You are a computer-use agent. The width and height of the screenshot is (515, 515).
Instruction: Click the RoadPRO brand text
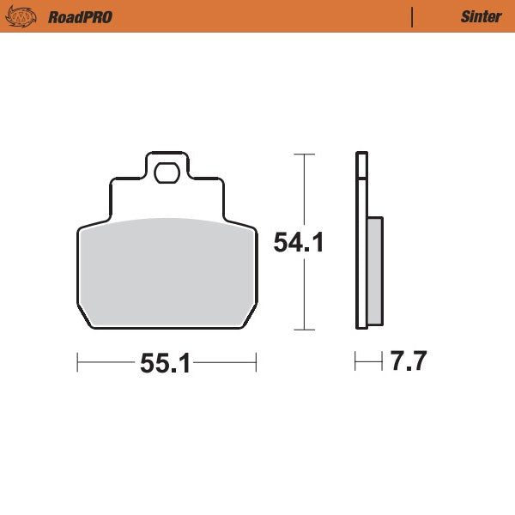[80, 16]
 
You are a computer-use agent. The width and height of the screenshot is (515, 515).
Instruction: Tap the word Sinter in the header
[481, 16]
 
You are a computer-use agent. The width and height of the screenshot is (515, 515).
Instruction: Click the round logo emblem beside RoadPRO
[22, 16]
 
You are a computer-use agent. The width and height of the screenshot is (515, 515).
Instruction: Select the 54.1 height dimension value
[298, 243]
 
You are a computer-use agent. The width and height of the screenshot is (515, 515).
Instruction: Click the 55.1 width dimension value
[165, 364]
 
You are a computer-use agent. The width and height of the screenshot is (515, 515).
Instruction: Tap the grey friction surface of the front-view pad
[167, 270]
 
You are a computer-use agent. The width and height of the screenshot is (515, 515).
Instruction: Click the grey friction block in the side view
[375, 270]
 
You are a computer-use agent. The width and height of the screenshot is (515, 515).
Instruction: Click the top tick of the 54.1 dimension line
[300, 154]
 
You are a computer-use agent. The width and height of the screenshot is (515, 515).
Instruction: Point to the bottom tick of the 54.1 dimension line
[300, 330]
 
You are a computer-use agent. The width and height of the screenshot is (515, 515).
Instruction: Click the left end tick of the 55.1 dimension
[77, 364]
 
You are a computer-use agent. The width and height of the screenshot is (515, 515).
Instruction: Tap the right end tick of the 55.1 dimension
[256, 364]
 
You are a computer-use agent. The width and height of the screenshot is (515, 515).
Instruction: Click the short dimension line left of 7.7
[368, 363]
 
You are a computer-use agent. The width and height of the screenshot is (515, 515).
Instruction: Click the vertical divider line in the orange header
[413, 16]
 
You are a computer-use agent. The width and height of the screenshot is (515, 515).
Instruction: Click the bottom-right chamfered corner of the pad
[249, 319]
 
